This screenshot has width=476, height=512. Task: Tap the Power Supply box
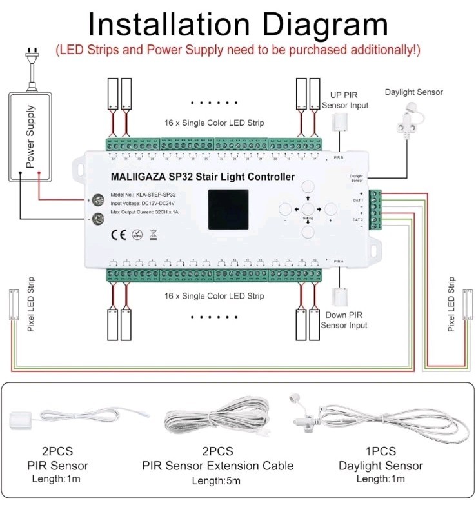[30, 136]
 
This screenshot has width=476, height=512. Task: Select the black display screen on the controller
[228, 210]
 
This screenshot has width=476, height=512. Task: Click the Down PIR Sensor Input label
[344, 320]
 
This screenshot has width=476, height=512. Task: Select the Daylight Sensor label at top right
[414, 92]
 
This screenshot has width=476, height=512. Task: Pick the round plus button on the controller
[331, 209]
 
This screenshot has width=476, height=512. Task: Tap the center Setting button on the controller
[308, 210]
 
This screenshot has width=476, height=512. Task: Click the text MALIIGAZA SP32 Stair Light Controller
[203, 177]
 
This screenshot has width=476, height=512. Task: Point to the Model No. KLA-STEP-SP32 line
[143, 194]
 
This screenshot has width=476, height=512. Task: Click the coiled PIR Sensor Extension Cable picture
[217, 419]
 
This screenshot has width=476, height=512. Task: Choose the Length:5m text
[217, 480]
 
